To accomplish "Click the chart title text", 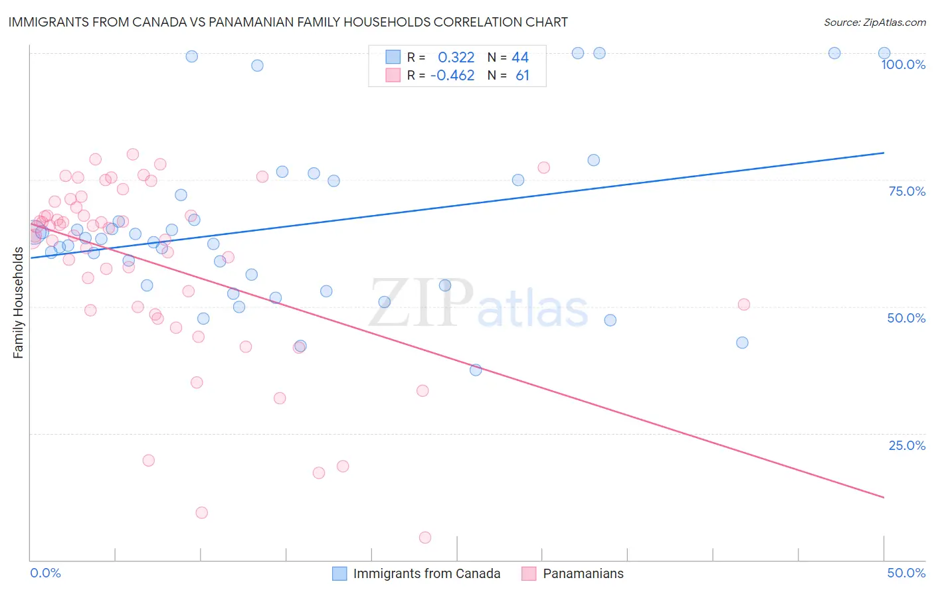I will coord(288,22).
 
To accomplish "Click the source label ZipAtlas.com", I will coord(874,23).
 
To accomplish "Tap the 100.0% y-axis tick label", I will coord(903,64).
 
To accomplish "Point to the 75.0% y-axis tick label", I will coord(907,191).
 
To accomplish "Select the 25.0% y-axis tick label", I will coord(907,445).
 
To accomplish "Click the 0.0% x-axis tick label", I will coord(45,573).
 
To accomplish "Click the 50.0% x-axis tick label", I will coord(906,573).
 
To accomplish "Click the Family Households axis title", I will coord(18,303).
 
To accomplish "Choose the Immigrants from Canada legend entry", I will coord(416,573).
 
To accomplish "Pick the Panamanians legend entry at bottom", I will coord(573,573).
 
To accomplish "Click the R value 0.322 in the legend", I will coord(456,57).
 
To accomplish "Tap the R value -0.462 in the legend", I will coord(452,76).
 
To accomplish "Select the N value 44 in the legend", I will coord(520,57).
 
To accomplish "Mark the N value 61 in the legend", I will coord(522,76).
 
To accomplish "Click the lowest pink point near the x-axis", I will coord(425,538).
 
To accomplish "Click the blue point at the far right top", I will coord(884,53).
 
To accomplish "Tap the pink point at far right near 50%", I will coord(744,305).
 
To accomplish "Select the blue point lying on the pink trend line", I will coord(476,370).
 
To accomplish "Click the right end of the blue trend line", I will coord(884,153).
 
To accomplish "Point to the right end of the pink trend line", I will coord(884,497).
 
